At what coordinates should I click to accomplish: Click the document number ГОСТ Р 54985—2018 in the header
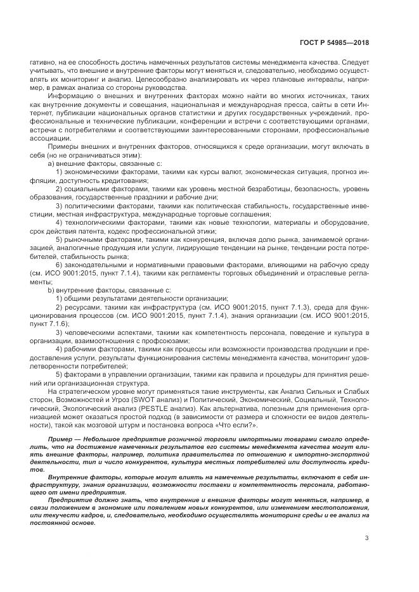(334, 42)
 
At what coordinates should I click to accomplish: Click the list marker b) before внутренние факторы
(52, 289)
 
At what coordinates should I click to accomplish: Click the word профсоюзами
(176, 339)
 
